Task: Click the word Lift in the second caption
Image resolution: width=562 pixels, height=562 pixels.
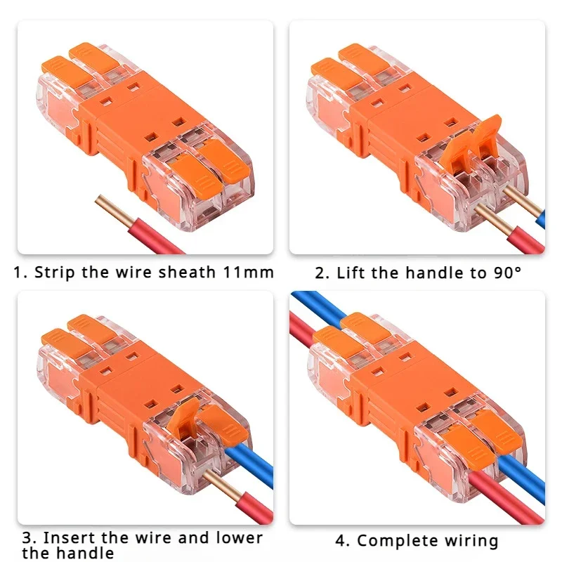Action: pyautogui.click(x=351, y=272)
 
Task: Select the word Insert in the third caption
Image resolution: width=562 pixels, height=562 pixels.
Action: pyautogui.click(x=65, y=538)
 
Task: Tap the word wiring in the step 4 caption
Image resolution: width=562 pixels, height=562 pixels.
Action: pyautogui.click(x=471, y=541)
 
